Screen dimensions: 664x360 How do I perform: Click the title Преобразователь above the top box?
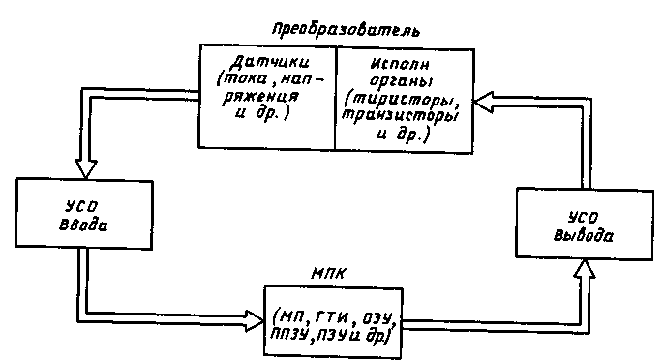[346, 30]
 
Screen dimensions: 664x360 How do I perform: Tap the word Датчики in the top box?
[270, 63]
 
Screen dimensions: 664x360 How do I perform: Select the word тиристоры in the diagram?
[404, 100]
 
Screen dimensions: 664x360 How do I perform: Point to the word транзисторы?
[400, 115]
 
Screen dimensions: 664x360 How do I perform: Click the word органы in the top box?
[401, 81]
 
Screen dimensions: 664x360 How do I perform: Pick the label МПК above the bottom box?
[328, 274]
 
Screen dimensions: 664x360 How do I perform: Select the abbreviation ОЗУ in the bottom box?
[376, 316]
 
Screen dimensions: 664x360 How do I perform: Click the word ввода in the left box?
[83, 225]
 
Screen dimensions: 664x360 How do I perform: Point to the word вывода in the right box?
[584, 235]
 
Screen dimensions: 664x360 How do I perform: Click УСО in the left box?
[81, 207]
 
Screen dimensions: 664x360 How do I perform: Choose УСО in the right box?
[584, 218]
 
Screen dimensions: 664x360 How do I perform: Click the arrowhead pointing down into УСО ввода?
[86, 168]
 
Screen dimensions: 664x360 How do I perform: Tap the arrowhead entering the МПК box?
[255, 321]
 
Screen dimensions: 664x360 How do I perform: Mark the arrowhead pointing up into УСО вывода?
[585, 268]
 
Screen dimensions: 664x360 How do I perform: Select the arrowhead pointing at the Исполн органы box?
[483, 102]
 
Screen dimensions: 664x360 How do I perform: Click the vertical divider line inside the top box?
[336, 98]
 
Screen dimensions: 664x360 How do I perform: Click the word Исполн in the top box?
[401, 65]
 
